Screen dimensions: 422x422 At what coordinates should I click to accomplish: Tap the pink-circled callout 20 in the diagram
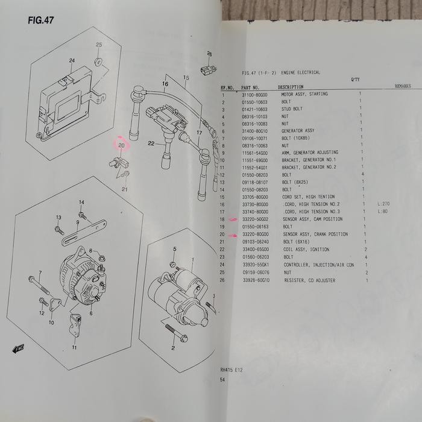click(121, 145)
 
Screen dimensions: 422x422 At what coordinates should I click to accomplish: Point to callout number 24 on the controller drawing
click(71, 61)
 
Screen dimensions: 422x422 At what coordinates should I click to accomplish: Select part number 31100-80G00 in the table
click(255, 94)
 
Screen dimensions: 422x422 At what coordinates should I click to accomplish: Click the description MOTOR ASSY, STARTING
click(304, 94)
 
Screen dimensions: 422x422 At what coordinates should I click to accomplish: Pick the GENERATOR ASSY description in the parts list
click(298, 131)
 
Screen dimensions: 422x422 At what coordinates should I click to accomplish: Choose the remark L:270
click(383, 204)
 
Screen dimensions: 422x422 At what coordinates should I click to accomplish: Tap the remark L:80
click(382, 211)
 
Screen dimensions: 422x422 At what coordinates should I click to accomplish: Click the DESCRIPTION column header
click(291, 87)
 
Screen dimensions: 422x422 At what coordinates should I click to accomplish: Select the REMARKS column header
click(403, 86)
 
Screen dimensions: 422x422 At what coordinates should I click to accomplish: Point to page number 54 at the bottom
click(224, 380)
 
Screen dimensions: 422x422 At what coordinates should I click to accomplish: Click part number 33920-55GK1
click(255, 264)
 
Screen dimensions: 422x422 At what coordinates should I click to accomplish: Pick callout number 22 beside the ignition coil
click(151, 143)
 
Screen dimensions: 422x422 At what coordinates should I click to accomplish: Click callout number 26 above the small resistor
click(209, 54)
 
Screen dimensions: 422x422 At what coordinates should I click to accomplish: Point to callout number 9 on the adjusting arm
click(77, 222)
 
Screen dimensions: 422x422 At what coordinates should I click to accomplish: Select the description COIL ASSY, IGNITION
click(303, 249)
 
